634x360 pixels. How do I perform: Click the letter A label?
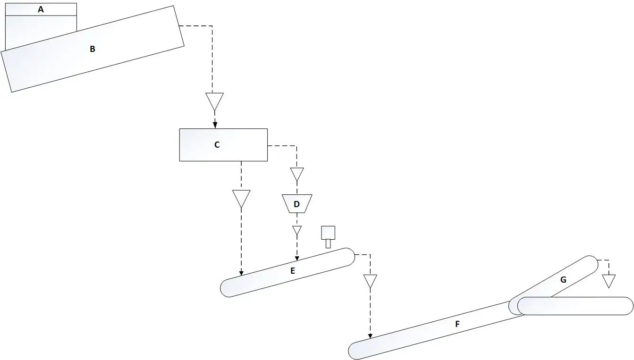(x=41, y=9)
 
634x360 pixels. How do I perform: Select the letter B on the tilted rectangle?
(x=92, y=49)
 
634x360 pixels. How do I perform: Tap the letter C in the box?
(x=217, y=145)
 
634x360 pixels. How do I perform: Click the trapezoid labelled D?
(x=297, y=204)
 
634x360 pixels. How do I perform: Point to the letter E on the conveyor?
(x=293, y=271)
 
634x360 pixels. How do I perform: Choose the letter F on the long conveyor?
(x=457, y=324)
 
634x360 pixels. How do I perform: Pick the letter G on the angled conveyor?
(x=563, y=280)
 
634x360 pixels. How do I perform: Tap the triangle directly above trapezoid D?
(x=297, y=174)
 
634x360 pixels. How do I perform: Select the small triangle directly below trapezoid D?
(x=297, y=230)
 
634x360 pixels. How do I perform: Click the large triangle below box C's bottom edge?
(x=241, y=199)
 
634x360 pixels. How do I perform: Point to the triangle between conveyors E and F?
(x=370, y=281)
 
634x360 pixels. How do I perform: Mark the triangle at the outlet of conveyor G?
(x=609, y=281)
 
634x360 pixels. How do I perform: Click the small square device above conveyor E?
(x=328, y=233)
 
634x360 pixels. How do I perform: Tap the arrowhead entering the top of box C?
(x=215, y=126)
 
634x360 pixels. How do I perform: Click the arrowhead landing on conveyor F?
(x=370, y=335)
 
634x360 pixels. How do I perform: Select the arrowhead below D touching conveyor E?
(x=297, y=258)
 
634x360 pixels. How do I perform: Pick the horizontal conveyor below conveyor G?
(x=575, y=306)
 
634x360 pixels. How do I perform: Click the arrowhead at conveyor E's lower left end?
(x=241, y=273)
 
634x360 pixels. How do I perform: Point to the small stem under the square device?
(x=328, y=244)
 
